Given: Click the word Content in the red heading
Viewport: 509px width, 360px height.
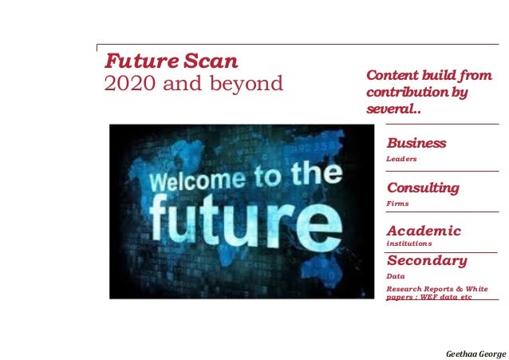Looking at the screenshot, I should [x=393, y=76].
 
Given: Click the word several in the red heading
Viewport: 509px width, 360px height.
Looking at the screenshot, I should [x=391, y=109].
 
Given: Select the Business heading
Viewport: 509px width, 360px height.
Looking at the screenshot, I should [x=416, y=143].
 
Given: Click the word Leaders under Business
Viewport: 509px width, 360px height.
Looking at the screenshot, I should [x=402, y=159].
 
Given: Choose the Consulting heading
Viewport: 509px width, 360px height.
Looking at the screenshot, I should [x=423, y=188].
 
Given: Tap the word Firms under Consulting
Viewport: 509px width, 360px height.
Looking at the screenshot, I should [x=397, y=204].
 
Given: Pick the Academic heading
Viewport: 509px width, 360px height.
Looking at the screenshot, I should [x=424, y=231].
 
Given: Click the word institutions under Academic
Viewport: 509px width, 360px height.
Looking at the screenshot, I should [x=409, y=243].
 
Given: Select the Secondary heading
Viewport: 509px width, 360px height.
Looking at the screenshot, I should [x=427, y=260].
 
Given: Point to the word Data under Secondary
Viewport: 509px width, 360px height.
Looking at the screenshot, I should [x=396, y=275].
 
